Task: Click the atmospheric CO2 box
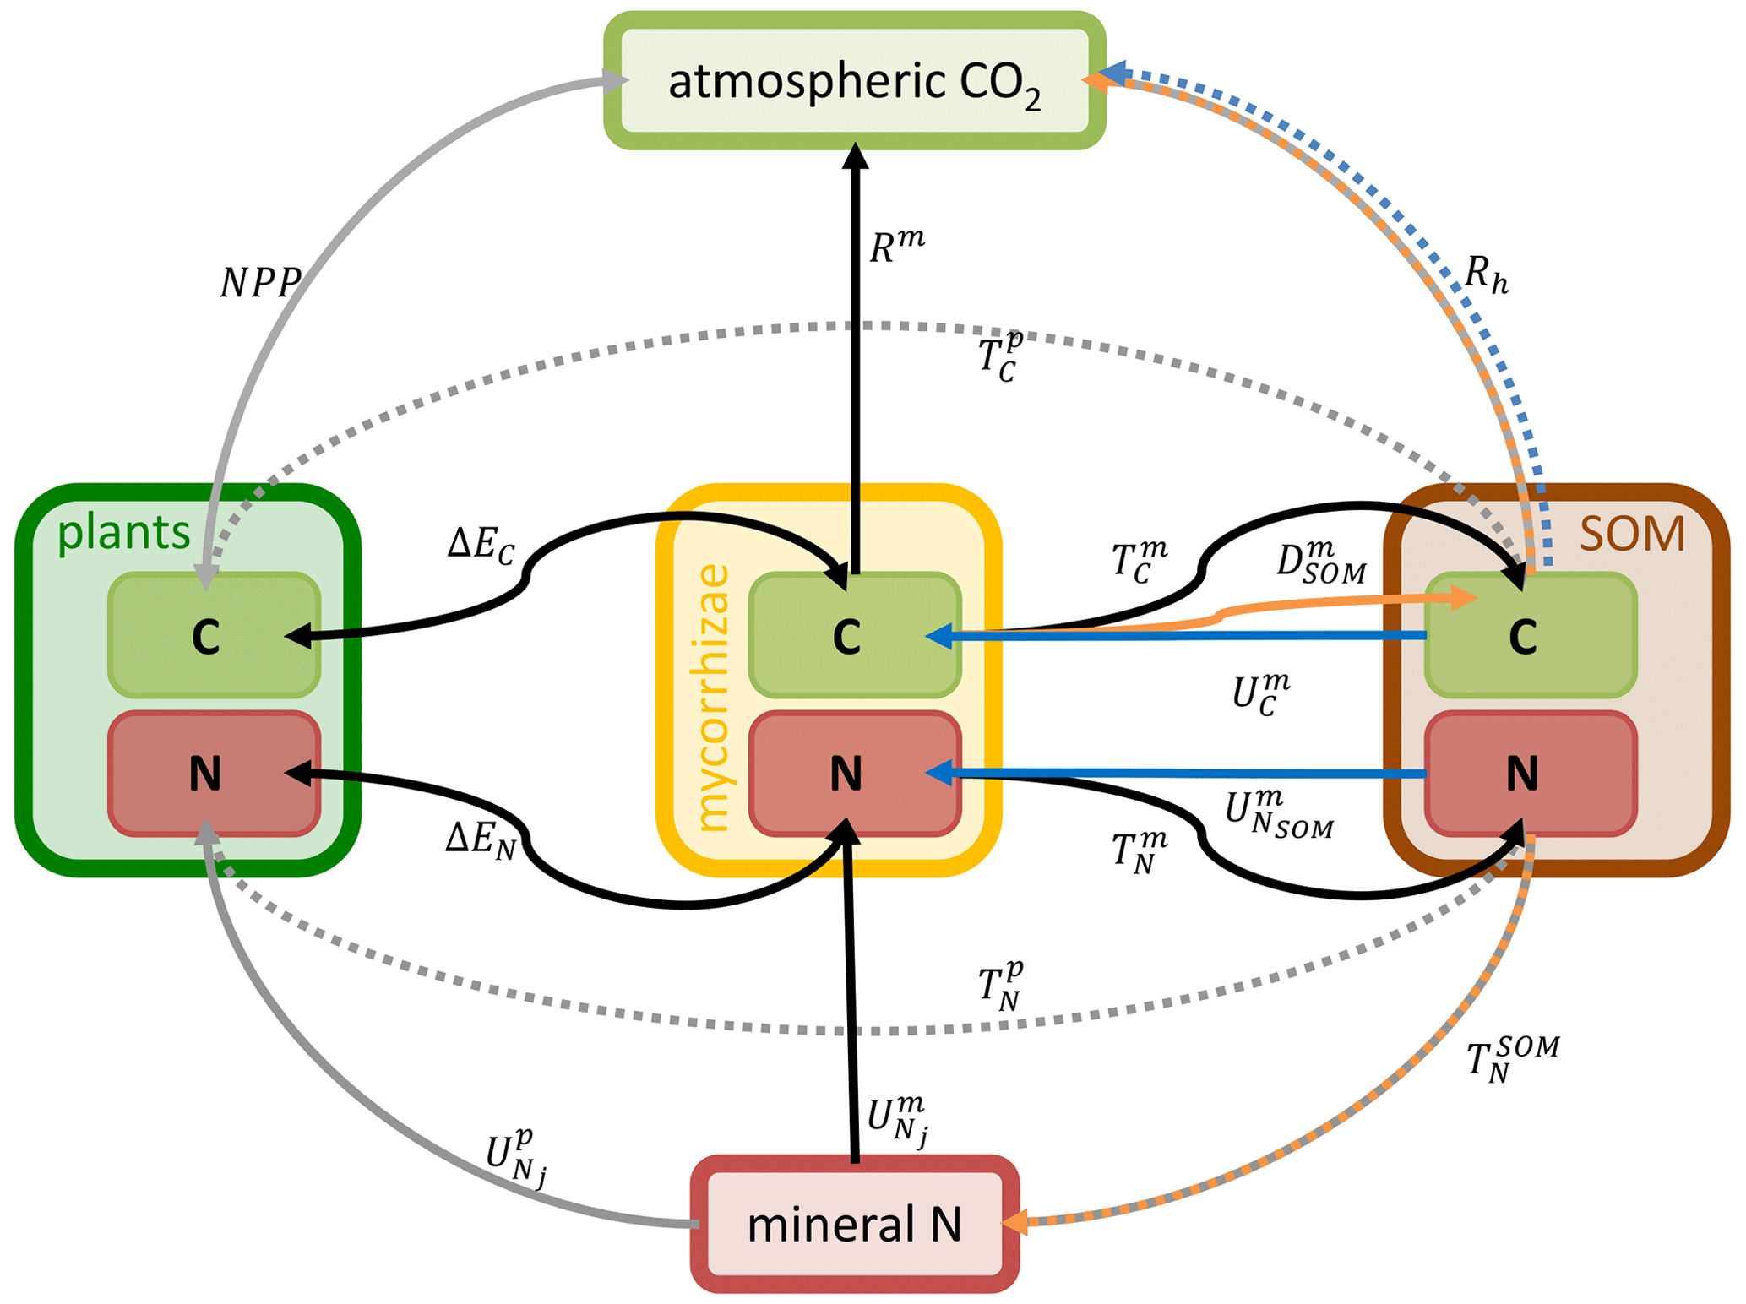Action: (x=854, y=81)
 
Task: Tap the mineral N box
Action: (x=854, y=1224)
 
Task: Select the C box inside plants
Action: (x=214, y=635)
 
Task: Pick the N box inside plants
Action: (x=214, y=774)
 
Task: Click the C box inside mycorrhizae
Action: (x=854, y=635)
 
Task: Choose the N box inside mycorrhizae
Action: (x=854, y=774)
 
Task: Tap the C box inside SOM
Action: (x=1530, y=635)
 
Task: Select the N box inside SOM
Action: (x=1530, y=774)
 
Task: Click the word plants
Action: (x=123, y=533)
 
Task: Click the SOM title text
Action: (x=1631, y=534)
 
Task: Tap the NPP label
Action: (x=260, y=283)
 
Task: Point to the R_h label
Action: (x=1486, y=274)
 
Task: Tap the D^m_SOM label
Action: (x=1320, y=563)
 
